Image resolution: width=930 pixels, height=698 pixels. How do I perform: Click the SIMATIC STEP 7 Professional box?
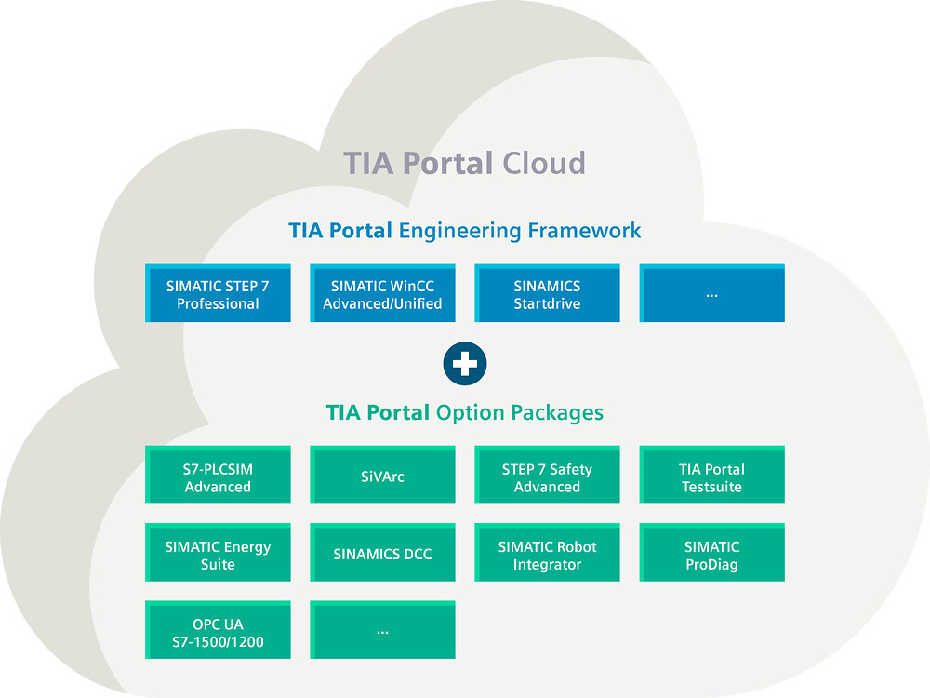click(x=218, y=293)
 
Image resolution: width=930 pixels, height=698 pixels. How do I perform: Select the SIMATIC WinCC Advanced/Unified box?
click(x=382, y=293)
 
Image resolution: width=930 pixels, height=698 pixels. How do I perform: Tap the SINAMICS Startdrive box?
click(x=547, y=293)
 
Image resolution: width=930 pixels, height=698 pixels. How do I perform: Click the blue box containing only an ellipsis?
click(x=711, y=293)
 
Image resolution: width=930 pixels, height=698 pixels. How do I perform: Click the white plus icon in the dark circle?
click(x=465, y=364)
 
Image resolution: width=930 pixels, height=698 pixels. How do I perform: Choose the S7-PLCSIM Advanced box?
click(x=218, y=475)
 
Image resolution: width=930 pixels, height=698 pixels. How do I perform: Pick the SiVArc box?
click(x=382, y=475)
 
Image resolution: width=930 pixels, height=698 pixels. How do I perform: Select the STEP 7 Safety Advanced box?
click(x=547, y=475)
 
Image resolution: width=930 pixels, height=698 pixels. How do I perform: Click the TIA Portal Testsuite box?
click(x=711, y=475)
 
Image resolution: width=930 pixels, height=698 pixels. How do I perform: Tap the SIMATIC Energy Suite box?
click(x=218, y=553)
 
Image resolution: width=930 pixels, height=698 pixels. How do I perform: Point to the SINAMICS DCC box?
click(x=382, y=553)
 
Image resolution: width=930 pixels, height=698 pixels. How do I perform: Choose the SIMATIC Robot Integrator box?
click(x=547, y=553)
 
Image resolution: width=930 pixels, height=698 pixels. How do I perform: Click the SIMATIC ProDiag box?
click(x=711, y=553)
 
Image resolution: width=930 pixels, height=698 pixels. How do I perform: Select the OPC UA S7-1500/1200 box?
click(x=218, y=630)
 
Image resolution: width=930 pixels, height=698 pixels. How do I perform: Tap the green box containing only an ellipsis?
click(x=382, y=630)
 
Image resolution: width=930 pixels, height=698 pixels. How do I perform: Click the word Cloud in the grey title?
click(x=544, y=163)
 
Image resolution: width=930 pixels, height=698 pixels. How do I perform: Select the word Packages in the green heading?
click(x=557, y=413)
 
